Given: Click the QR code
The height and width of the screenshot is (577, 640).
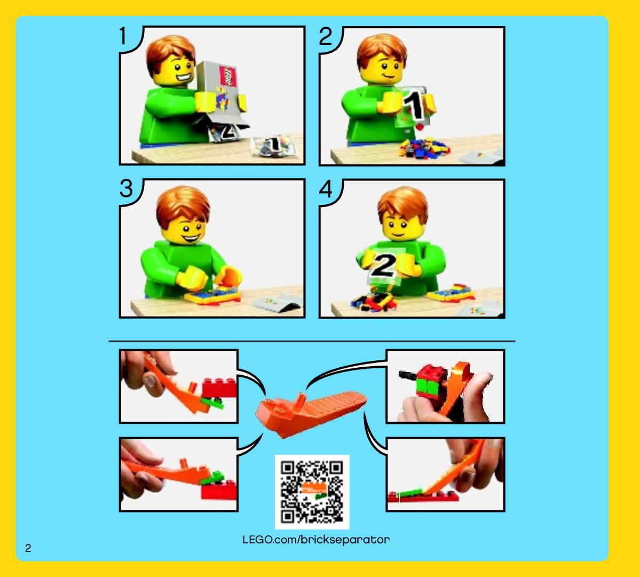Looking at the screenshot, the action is click(x=312, y=492).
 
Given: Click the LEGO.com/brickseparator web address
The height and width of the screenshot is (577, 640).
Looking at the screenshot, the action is click(x=316, y=540).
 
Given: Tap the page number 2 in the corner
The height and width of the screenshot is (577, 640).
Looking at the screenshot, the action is click(x=28, y=548).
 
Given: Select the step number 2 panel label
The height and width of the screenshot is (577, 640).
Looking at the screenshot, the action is click(x=326, y=36).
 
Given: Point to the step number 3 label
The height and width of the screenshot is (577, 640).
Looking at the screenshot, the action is click(x=126, y=188).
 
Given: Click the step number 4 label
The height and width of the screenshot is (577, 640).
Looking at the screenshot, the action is click(x=326, y=189).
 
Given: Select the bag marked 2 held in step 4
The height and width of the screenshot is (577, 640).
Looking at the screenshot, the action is click(x=384, y=265).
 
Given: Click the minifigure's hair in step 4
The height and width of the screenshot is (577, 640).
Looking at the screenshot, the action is click(x=402, y=204).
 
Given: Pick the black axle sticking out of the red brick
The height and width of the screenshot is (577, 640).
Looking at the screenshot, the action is click(x=408, y=374).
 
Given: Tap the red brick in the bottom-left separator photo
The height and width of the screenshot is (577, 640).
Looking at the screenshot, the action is click(x=219, y=489).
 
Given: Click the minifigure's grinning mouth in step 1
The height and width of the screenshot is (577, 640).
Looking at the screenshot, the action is click(x=183, y=77).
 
